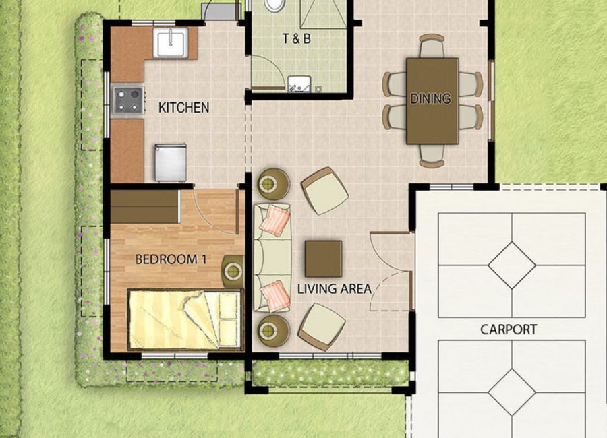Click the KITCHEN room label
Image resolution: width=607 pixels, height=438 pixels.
tap(184, 108)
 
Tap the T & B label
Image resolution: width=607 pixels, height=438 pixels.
tap(296, 38)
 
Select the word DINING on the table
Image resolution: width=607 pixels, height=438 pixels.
tap(430, 98)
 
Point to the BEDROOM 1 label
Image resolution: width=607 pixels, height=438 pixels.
tap(171, 259)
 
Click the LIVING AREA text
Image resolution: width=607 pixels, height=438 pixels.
tap(334, 288)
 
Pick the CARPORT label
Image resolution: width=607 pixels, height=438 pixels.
tap(509, 330)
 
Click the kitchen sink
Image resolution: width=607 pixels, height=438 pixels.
tap(171, 42)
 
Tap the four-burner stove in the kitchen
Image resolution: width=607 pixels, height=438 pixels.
tap(128, 100)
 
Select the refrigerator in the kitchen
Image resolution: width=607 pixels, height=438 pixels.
tap(171, 162)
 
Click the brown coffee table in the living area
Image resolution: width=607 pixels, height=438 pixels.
tap(323, 259)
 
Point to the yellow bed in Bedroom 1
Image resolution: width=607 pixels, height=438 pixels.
tap(185, 320)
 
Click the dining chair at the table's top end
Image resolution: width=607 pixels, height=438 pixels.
tap(432, 45)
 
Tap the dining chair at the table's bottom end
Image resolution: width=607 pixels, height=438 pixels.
tap(432, 156)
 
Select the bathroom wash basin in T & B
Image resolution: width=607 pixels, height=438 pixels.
tap(299, 84)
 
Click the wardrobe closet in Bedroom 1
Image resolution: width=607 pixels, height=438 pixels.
tap(146, 207)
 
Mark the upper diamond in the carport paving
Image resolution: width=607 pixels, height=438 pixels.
tap(512, 265)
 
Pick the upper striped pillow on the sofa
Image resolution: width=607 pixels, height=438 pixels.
tap(275, 220)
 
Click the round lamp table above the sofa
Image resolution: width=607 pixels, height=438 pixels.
tap(274, 184)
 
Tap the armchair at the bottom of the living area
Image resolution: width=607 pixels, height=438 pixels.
tap(322, 327)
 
